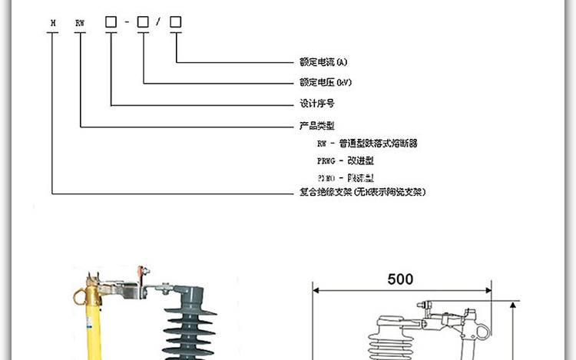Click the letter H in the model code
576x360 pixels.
52,23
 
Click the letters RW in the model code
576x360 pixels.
80,23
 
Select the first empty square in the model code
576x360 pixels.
111,22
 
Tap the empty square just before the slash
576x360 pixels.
143,22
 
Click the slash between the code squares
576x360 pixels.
159,22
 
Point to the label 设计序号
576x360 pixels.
316,103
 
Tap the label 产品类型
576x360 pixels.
316,124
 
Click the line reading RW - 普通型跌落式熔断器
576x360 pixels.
368,144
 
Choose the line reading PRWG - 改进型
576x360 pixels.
345,161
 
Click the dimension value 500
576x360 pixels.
400,279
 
